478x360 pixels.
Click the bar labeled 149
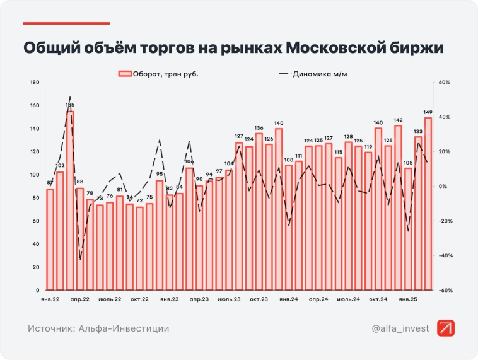point(428,203)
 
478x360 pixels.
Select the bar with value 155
point(70,200)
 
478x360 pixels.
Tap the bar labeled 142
point(398,207)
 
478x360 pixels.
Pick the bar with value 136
point(259,211)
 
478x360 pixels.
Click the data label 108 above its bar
point(289,160)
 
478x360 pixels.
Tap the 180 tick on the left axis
point(35,83)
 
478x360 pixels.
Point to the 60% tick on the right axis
point(444,83)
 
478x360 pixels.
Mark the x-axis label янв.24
point(289,299)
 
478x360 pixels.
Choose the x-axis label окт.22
point(139,299)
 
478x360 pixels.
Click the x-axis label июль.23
point(229,299)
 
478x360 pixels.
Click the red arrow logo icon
point(445,328)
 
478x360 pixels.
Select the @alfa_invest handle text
point(400,328)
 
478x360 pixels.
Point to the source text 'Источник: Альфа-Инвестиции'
point(98,328)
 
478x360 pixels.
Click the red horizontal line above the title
point(66,23)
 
